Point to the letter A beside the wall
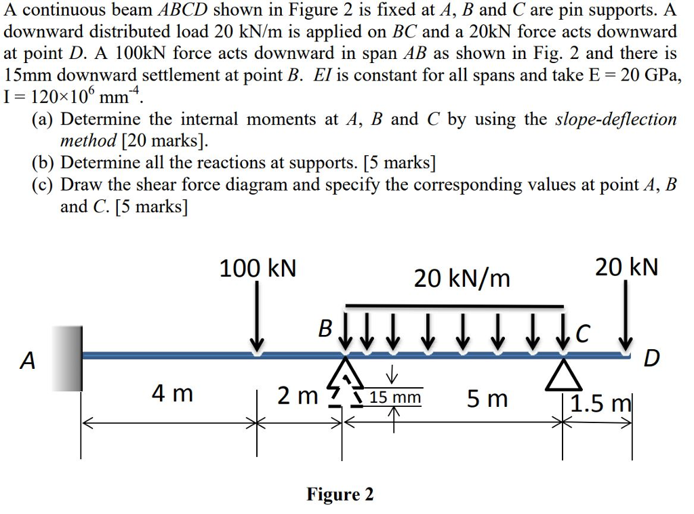point(27,361)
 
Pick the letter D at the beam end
point(650,357)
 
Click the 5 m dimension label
point(487,399)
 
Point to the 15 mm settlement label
point(396,397)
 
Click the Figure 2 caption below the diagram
point(340,494)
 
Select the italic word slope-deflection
point(615,119)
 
